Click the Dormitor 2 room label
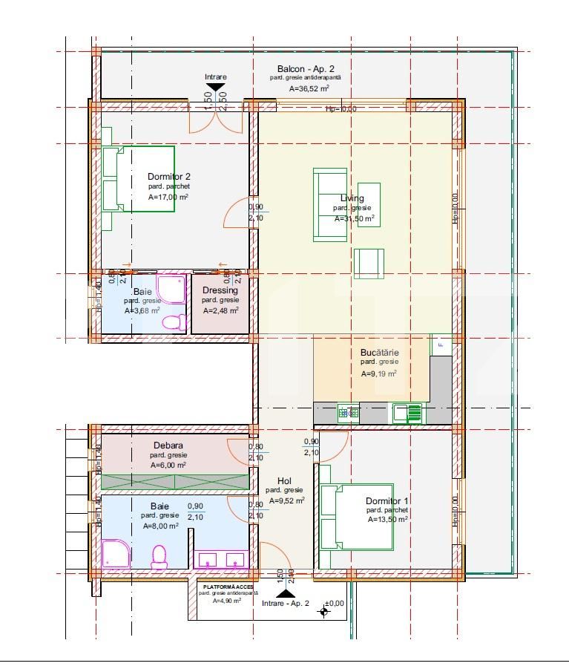(169, 177)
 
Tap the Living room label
(352, 198)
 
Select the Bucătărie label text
(379, 352)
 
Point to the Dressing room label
(220, 290)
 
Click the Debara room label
(168, 446)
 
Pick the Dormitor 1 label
(387, 501)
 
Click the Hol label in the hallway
(284, 480)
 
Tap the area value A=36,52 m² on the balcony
(309, 88)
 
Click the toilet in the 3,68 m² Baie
(174, 322)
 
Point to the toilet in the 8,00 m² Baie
(159, 557)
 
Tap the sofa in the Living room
(329, 204)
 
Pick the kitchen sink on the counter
(407, 412)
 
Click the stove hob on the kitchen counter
(349, 412)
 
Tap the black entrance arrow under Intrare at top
(216, 89)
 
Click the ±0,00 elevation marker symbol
(323, 612)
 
